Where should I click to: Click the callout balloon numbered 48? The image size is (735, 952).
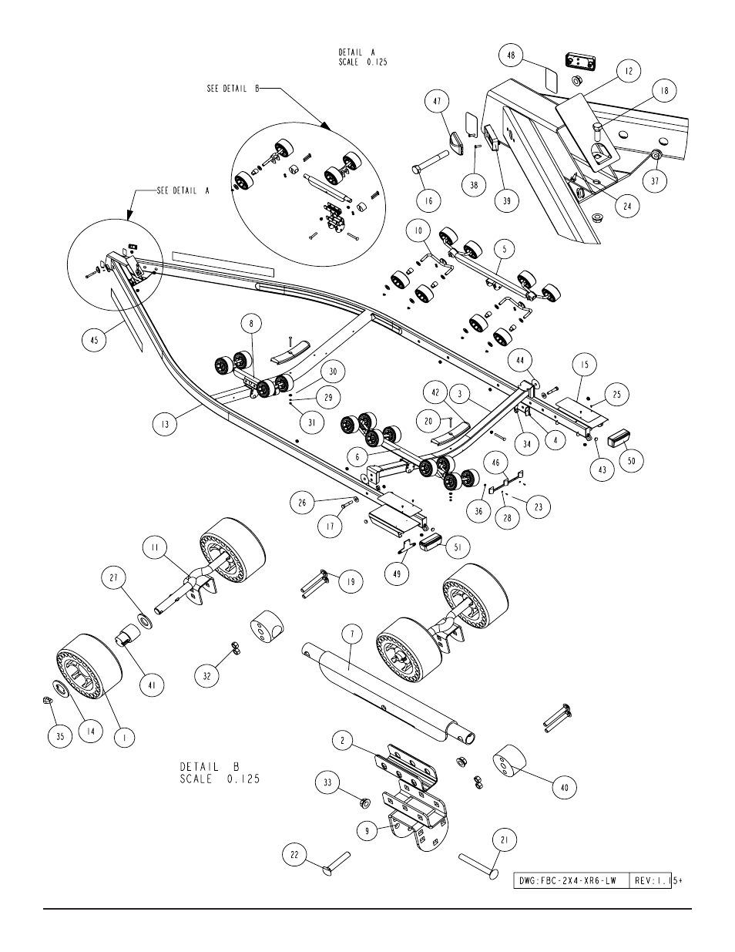pyautogui.click(x=511, y=56)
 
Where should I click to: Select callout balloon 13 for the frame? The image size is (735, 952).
pyautogui.click(x=165, y=424)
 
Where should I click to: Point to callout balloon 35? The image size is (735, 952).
pyautogui.click(x=60, y=736)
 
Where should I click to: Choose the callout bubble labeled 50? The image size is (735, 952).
pyautogui.click(x=631, y=460)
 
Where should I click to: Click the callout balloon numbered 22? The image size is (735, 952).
pyautogui.click(x=294, y=854)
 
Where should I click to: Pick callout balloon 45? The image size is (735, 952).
pyautogui.click(x=95, y=339)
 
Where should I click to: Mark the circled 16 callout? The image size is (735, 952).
pyautogui.click(x=428, y=200)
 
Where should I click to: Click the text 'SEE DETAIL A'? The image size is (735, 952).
pyautogui.click(x=183, y=190)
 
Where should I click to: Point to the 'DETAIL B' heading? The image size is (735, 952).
pyautogui.click(x=210, y=767)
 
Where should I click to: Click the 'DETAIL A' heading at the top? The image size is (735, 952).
pyautogui.click(x=357, y=52)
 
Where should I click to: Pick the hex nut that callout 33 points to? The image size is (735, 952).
pyautogui.click(x=364, y=802)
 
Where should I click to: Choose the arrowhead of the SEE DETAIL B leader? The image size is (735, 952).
pyautogui.click(x=325, y=126)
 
